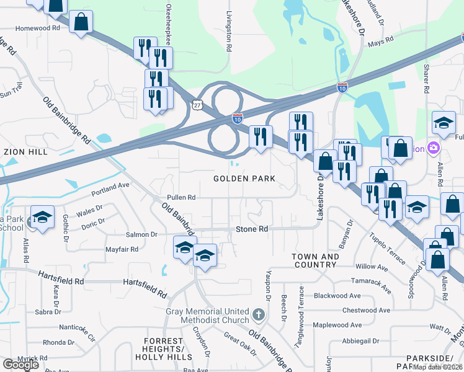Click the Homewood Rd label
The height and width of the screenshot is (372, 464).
click(38, 28)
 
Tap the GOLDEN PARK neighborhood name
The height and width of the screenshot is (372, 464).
click(244, 179)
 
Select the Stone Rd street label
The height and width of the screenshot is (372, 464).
click(252, 229)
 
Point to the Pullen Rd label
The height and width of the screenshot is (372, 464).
click(181, 197)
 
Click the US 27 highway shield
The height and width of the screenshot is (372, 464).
click(197, 105)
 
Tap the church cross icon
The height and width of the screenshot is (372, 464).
click(259, 315)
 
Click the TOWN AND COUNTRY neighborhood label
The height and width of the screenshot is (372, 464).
click(316, 260)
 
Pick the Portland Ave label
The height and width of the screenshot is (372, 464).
click(110, 188)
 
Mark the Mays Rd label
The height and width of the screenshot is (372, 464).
click(381, 42)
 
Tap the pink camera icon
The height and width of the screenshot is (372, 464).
click(433, 148)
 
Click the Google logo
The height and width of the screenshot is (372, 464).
click(20, 365)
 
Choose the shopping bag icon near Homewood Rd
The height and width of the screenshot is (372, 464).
click(81, 22)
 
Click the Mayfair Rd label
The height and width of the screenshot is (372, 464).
click(122, 249)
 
